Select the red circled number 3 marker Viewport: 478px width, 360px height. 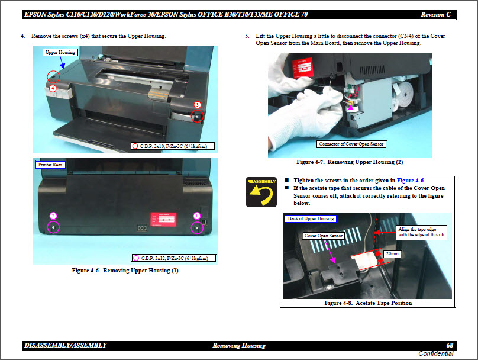pyautogui.click(x=198, y=105)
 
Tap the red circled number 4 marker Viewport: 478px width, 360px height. pyautogui.click(x=53, y=88)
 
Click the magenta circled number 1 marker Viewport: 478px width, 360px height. pyautogui.click(x=197, y=216)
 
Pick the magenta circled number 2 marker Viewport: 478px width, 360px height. pyautogui.click(x=53, y=216)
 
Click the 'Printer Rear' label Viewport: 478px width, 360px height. pyautogui.click(x=49, y=165)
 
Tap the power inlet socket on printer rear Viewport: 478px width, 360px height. pyautogui.click(x=142, y=228)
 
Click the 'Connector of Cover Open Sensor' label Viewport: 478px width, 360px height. pyautogui.click(x=351, y=144)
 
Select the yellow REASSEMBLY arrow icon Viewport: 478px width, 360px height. pyautogui.click(x=261, y=192)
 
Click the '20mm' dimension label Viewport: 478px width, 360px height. pyautogui.click(x=391, y=253)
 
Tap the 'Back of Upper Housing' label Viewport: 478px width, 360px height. pyautogui.click(x=311, y=218)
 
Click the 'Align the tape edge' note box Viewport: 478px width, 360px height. pyautogui.click(x=422, y=231)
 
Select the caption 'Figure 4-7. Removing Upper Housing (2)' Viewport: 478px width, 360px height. pyautogui.click(x=349, y=162)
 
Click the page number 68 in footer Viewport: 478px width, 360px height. pyautogui.click(x=450, y=345)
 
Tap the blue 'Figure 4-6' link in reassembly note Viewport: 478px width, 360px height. pyautogui.click(x=411, y=180)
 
